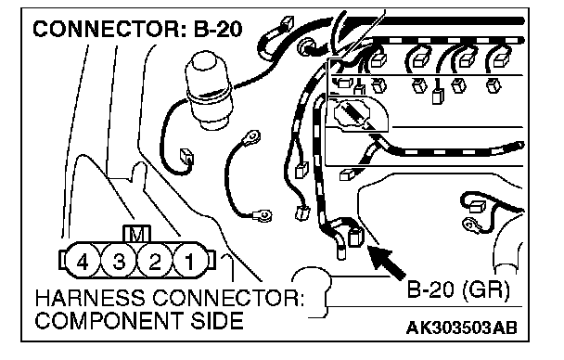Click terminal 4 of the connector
click(83, 261)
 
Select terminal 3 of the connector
click(119, 261)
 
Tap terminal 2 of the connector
click(155, 261)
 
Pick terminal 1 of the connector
click(190, 261)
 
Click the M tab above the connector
click(136, 234)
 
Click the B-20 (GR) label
click(458, 289)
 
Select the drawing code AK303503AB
click(461, 328)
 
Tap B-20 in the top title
click(218, 29)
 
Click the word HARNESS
click(90, 298)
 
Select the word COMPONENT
click(109, 320)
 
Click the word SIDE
click(217, 320)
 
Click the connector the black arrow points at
click(356, 238)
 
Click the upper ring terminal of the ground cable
click(251, 136)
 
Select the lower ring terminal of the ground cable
click(263, 215)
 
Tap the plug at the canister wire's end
click(186, 157)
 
